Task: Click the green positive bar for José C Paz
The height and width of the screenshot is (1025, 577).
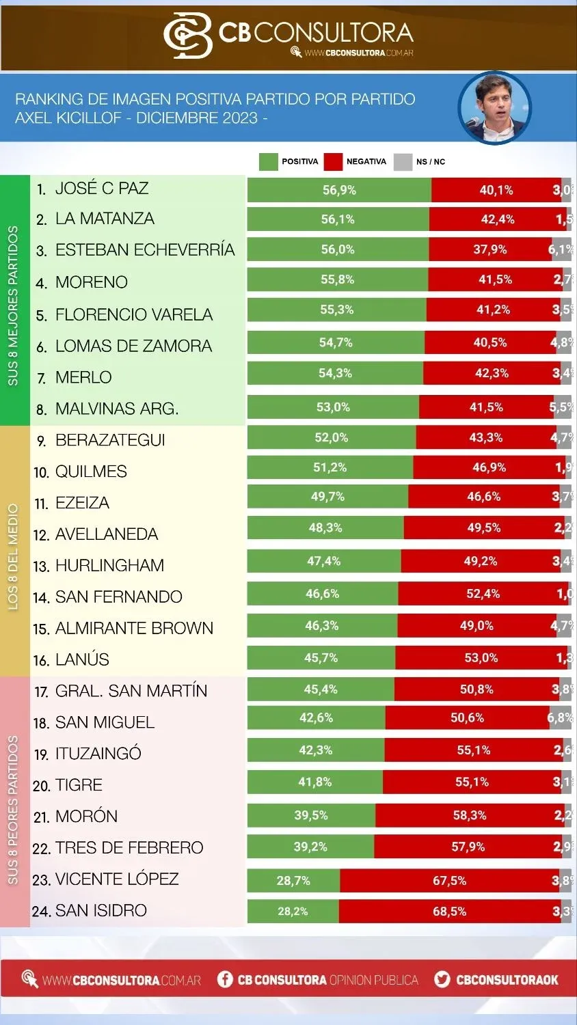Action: click(339, 190)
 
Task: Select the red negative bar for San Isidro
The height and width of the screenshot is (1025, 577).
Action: click(449, 912)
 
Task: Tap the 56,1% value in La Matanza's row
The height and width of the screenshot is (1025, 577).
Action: click(338, 219)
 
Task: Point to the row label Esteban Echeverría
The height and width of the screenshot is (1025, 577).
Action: click(144, 250)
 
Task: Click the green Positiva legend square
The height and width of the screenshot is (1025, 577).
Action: click(269, 162)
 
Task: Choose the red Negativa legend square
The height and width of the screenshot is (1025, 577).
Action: click(333, 162)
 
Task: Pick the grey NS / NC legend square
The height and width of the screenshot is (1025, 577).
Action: click(403, 162)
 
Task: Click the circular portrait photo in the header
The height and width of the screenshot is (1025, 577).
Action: click(494, 107)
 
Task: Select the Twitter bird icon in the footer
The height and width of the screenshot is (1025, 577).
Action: click(442, 979)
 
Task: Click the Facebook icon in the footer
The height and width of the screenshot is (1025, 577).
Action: click(225, 979)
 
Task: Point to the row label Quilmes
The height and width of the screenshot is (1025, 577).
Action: click(91, 471)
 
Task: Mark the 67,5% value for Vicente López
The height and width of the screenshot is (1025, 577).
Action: click(449, 881)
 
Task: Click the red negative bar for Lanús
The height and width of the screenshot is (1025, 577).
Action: click(481, 658)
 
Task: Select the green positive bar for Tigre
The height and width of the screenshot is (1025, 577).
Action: click(314, 782)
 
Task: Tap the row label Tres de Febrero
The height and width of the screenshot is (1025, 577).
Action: click(129, 848)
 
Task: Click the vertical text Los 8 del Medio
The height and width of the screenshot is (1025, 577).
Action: click(14, 557)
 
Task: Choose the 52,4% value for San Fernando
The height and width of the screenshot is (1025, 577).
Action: click(483, 594)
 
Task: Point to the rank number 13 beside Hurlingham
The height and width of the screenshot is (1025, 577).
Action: click(41, 566)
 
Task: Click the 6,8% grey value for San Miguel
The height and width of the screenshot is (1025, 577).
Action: click(560, 717)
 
